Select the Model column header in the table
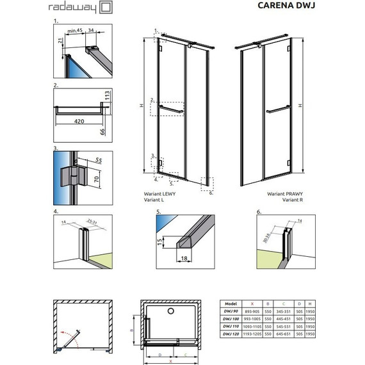pyautogui.click(x=232, y=305)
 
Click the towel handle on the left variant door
pyautogui.click(x=172, y=108)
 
